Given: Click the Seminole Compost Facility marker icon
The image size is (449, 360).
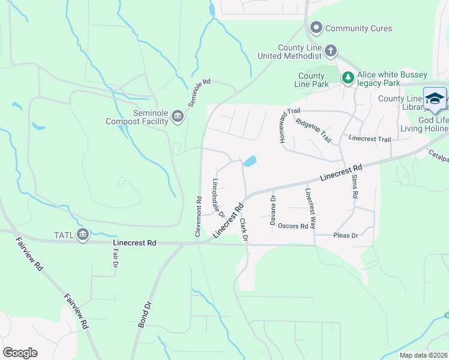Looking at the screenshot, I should coord(177,116).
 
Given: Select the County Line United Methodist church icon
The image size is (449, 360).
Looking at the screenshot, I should coord(331,51).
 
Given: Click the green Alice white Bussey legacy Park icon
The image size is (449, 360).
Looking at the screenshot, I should coord(348,77).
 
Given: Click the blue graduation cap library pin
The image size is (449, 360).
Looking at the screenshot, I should coord(435,98).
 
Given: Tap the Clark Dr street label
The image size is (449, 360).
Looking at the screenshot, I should coord(243,229).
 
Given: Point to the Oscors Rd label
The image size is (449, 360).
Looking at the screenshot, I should coord(293,227).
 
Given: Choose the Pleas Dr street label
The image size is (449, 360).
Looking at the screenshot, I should coord(345,236).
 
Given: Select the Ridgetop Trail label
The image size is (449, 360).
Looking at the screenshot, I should coord(313,130).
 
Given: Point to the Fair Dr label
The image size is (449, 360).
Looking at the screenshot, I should coord(115,259).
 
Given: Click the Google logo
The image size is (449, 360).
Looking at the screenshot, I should coord(20,353).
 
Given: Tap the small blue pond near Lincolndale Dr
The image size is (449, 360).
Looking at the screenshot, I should coord(249,161).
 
